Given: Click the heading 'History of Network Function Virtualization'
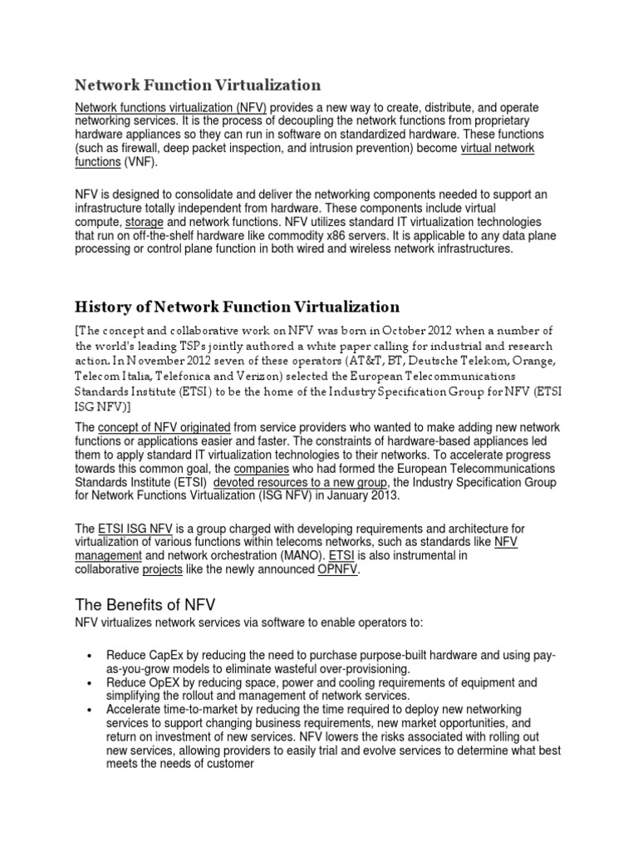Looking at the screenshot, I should (237, 307).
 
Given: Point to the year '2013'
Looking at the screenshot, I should (383, 496).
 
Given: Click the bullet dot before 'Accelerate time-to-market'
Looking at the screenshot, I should (88, 709).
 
